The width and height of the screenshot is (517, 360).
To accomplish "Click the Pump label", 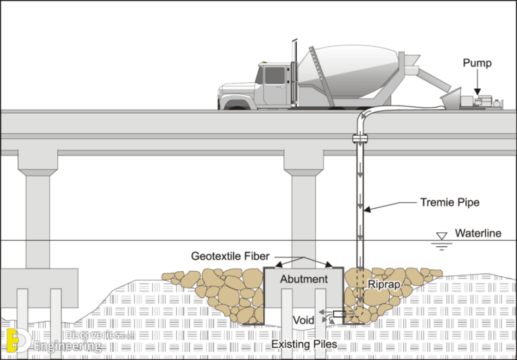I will (477, 63).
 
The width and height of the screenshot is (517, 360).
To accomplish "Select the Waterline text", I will (477, 233).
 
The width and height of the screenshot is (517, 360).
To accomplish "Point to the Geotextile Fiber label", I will (230, 256).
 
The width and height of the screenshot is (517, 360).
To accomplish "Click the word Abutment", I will (304, 279).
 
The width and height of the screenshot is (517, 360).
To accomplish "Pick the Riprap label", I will (385, 284).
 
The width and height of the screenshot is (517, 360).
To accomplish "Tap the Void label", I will (303, 319).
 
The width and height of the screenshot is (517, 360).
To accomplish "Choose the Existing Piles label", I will (304, 345).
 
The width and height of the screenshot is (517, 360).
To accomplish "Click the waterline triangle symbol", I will (442, 236).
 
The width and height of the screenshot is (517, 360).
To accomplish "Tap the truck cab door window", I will (274, 75).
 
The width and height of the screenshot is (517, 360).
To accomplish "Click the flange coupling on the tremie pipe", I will (360, 139).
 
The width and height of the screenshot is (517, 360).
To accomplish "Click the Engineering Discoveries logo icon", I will (17, 341).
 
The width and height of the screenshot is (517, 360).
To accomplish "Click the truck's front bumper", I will (221, 101).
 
